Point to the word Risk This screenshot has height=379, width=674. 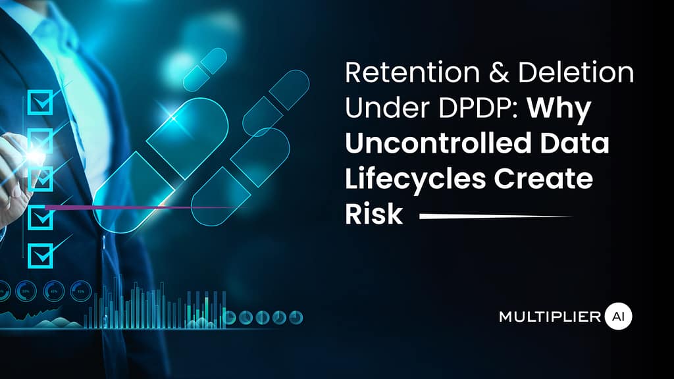point(373,215)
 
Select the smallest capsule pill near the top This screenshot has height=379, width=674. point(205,70)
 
